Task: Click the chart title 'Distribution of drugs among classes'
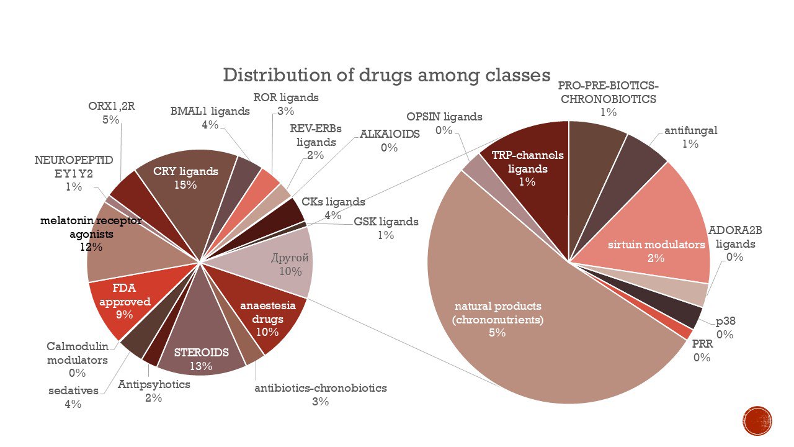(386, 75)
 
